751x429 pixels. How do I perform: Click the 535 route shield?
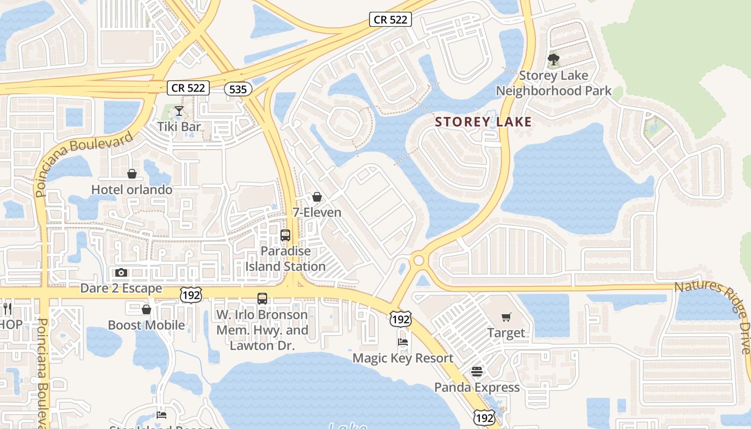238,89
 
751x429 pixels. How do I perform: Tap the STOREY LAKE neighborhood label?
483,122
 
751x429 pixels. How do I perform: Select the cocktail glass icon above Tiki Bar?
179,111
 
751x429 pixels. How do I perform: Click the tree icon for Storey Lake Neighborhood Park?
554,59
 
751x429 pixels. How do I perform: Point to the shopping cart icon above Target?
506,317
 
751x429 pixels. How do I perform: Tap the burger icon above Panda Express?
477,371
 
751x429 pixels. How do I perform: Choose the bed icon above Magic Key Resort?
403,342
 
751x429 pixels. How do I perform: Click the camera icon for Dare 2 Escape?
121,272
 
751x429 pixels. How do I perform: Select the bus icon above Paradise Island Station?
285,235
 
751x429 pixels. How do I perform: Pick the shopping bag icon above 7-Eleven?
317,197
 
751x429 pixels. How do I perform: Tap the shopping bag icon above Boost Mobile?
146,309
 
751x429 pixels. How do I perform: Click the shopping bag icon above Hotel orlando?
132,174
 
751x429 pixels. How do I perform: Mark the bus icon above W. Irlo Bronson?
262,299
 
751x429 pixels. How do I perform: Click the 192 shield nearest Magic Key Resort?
400,320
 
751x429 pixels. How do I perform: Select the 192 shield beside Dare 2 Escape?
190,295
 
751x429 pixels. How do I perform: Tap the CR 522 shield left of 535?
188,87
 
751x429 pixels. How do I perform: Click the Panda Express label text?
477,387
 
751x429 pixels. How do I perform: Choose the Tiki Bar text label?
179,127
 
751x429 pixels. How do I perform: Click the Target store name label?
506,333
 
